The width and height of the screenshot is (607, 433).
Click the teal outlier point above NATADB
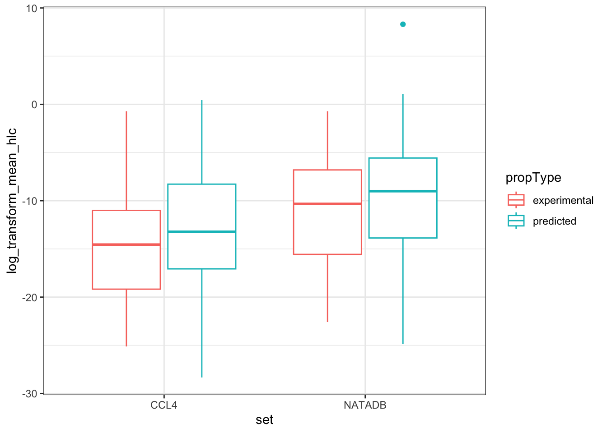403,24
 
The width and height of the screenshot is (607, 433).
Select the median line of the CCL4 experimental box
126,244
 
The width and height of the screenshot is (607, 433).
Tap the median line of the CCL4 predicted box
201,232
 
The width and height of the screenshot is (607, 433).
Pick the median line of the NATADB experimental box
327,204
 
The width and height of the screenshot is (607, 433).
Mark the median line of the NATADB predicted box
403,191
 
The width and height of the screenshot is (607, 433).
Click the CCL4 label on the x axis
164,405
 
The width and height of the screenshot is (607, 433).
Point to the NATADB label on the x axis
365,405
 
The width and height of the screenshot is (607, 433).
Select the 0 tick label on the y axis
34,105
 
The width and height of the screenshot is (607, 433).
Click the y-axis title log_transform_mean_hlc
12,201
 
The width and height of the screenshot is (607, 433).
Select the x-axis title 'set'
265,420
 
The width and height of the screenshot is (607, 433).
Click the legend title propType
533,178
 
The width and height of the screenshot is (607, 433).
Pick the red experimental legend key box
516,200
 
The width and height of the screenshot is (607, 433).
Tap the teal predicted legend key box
516,221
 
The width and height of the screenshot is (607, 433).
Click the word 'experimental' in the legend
563,200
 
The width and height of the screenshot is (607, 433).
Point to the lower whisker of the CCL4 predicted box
201,323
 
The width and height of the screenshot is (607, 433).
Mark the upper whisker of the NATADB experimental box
327,140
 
